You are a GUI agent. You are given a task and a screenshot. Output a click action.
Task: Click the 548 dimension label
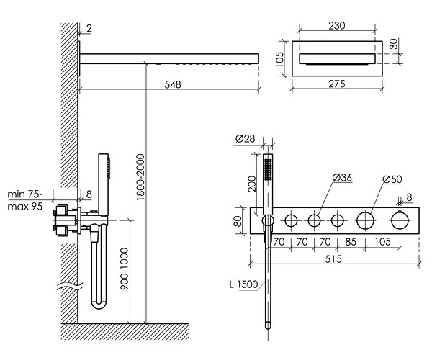[171, 84]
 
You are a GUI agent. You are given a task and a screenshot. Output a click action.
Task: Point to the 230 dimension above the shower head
[337, 24]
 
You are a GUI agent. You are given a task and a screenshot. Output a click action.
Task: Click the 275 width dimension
[337, 84]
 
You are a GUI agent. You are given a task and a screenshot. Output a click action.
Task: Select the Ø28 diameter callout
[246, 138]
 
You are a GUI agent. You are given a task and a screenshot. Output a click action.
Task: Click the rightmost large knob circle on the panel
[398, 220]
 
